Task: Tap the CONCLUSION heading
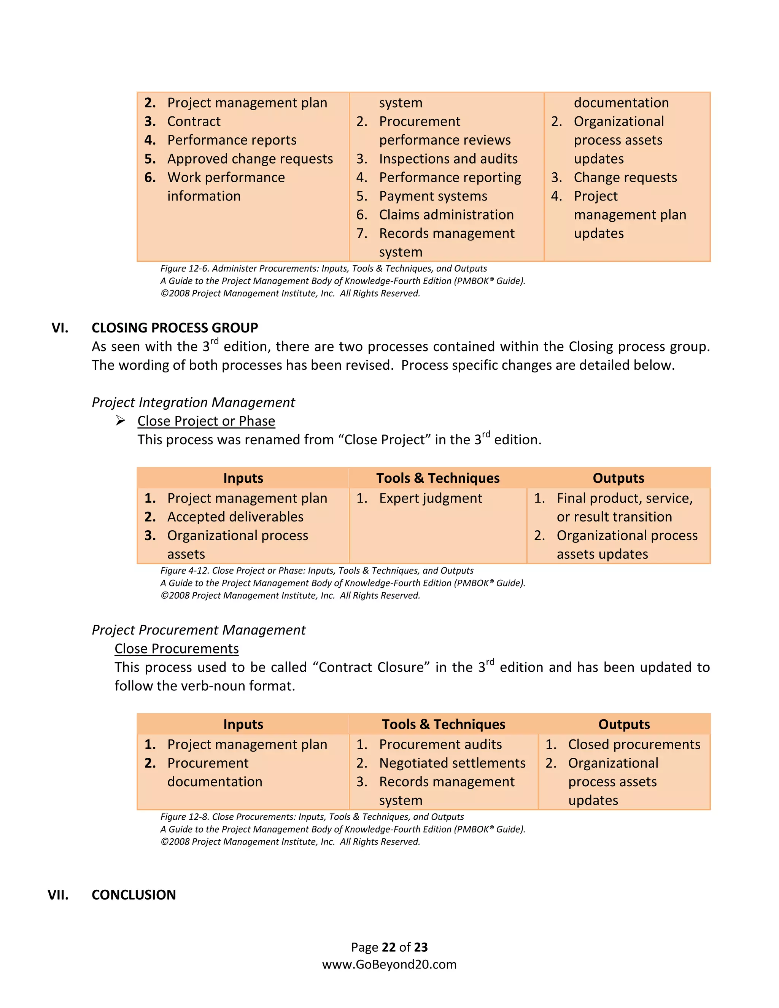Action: (x=134, y=895)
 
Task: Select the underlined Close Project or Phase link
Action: (x=206, y=421)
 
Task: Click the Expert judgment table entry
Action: (x=430, y=498)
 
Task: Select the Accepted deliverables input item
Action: (x=235, y=517)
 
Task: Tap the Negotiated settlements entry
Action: (x=452, y=763)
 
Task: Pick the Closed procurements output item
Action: (x=634, y=744)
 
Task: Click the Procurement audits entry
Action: (x=440, y=744)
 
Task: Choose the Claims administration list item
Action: (x=446, y=215)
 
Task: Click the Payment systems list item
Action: (x=433, y=196)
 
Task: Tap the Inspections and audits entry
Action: (x=448, y=159)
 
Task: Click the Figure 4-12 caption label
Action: (x=184, y=571)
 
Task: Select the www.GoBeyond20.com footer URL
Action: (x=389, y=965)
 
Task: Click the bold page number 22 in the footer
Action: (x=389, y=947)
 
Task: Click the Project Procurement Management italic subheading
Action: (x=199, y=630)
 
